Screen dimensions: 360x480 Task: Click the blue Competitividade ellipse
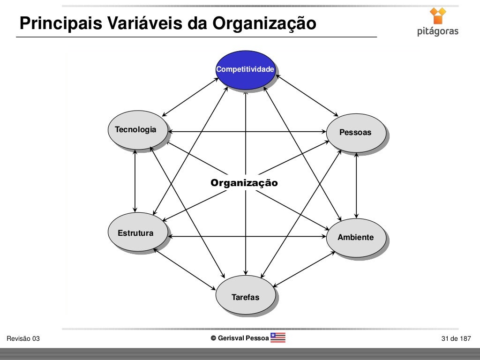(x=245, y=70)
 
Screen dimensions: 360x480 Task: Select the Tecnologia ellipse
(x=136, y=130)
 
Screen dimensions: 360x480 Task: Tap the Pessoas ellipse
(x=356, y=133)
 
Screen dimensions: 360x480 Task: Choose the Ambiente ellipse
(x=356, y=237)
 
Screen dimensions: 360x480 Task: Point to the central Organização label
(x=244, y=183)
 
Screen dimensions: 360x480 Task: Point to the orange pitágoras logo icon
(x=438, y=15)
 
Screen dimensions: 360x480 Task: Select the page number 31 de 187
(x=456, y=339)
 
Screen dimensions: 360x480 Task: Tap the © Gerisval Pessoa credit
(x=240, y=338)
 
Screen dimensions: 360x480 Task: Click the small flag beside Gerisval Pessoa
(x=278, y=338)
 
